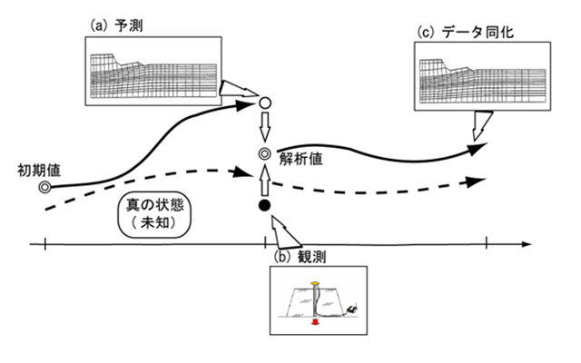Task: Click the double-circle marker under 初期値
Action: (44, 188)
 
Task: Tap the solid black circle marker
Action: (264, 208)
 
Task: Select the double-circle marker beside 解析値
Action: (264, 154)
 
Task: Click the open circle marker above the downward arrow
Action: (264, 103)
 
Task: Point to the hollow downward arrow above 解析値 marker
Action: (264, 126)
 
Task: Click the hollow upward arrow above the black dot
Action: (264, 184)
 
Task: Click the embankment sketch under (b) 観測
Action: (317, 299)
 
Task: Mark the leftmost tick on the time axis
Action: (44, 243)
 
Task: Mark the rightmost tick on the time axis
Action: (487, 243)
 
